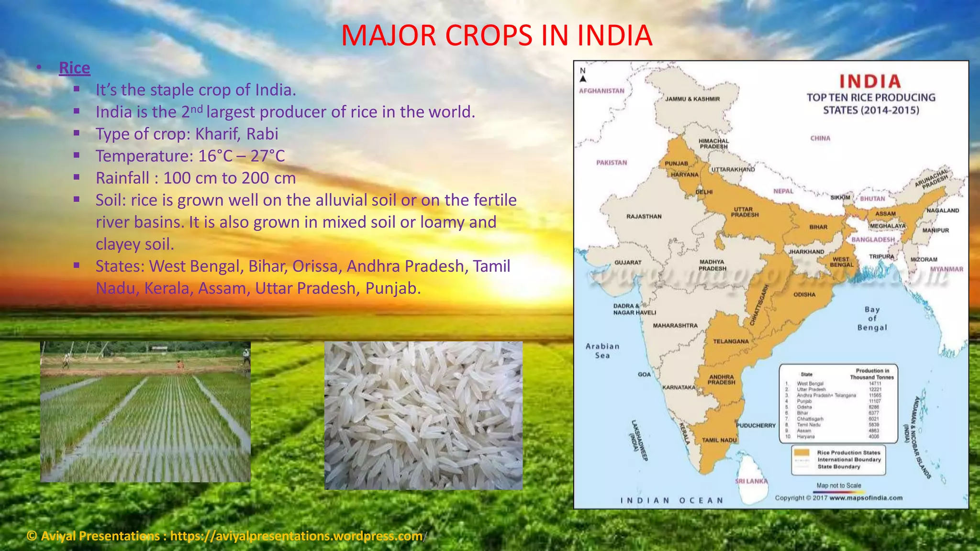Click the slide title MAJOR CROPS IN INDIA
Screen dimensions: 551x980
point(496,35)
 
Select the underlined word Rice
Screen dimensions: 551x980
point(74,68)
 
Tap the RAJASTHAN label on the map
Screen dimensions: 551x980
point(644,217)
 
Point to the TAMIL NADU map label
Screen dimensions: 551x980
point(719,440)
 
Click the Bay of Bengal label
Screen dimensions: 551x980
point(872,319)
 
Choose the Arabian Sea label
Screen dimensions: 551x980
point(602,351)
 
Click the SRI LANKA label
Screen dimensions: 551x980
point(751,481)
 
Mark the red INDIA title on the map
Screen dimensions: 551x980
point(870,81)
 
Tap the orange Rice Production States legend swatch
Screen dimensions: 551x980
point(802,452)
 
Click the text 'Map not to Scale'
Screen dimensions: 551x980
point(838,485)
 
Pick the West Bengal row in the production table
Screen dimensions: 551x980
point(837,384)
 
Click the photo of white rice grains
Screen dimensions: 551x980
point(423,415)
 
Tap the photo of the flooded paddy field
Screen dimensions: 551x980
point(145,411)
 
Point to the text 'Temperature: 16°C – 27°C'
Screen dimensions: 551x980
point(190,156)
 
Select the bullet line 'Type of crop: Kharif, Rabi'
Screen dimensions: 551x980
point(187,134)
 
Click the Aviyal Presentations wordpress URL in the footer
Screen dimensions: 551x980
point(296,536)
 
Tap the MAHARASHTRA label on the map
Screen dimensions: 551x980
point(675,326)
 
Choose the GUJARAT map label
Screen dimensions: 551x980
point(627,263)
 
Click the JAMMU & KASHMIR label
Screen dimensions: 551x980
point(692,99)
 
